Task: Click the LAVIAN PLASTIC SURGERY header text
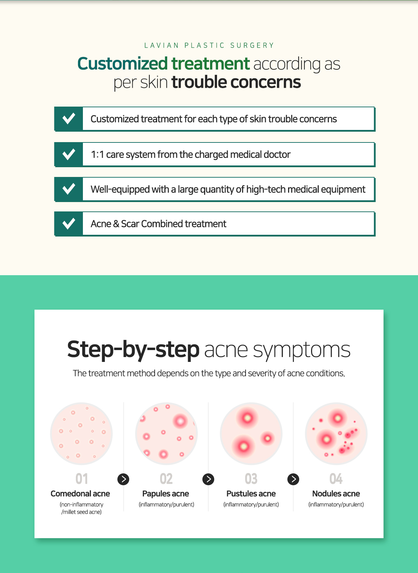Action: pyautogui.click(x=209, y=46)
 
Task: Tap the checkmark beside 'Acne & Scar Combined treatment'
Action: pyautogui.click(x=69, y=224)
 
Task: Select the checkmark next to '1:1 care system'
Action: pyautogui.click(x=69, y=154)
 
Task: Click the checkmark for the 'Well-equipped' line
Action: pyautogui.click(x=69, y=189)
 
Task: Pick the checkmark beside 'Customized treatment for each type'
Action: pyautogui.click(x=69, y=119)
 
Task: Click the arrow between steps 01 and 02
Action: pyautogui.click(x=123, y=479)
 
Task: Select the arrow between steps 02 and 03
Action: pyautogui.click(x=208, y=479)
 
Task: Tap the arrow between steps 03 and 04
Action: pyautogui.click(x=293, y=479)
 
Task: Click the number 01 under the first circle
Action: pyautogui.click(x=82, y=479)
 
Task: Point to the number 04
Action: pyautogui.click(x=336, y=479)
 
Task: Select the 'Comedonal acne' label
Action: pyautogui.click(x=80, y=494)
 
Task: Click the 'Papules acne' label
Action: pyautogui.click(x=165, y=494)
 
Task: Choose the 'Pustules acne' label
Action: pyautogui.click(x=251, y=494)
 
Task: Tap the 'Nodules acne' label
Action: pyautogui.click(x=336, y=494)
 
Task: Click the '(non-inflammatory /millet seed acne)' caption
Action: pyautogui.click(x=82, y=508)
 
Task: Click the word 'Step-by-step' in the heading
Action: pyautogui.click(x=133, y=349)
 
